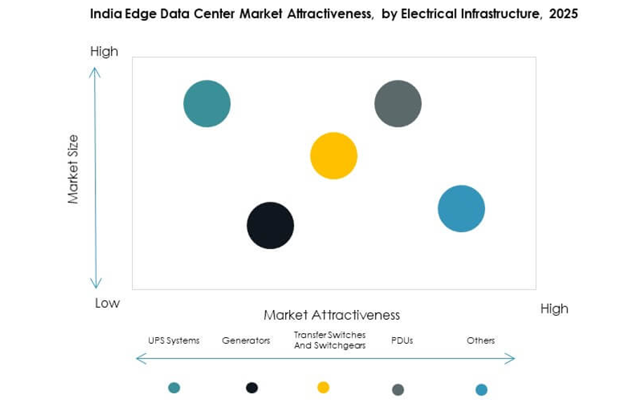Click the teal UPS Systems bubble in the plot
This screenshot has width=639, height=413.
click(207, 104)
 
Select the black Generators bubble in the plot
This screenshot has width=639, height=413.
click(270, 225)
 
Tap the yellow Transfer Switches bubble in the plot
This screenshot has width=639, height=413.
click(334, 156)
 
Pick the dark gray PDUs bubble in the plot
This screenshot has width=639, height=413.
click(398, 104)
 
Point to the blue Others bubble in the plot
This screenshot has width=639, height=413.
click(461, 208)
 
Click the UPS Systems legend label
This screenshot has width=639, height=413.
click(173, 341)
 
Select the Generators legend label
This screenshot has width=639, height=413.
click(246, 341)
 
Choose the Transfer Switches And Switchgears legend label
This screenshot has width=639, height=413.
click(329, 340)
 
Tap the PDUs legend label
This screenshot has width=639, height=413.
click(402, 341)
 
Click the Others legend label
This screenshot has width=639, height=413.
click(481, 341)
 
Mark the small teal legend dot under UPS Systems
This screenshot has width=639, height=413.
click(174, 388)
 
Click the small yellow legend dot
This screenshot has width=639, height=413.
click(323, 388)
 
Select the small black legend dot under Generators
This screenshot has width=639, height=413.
click(252, 388)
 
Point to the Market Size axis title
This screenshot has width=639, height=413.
click(74, 169)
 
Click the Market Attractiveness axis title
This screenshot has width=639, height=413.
click(331, 315)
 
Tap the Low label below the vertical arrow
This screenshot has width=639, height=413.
click(107, 303)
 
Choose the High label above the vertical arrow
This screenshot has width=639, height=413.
click(104, 51)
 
